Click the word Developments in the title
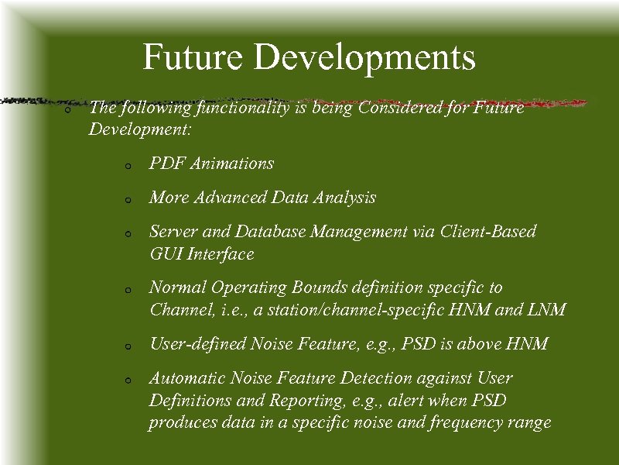[364, 58]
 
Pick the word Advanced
[230, 198]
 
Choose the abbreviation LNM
[549, 311]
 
